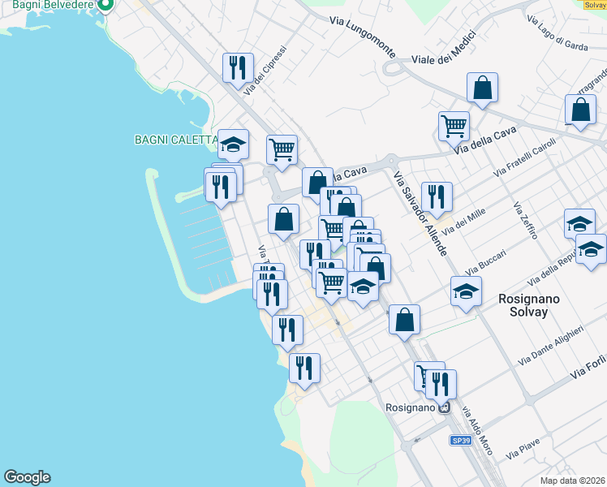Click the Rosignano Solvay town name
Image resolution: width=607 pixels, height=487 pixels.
(523, 305)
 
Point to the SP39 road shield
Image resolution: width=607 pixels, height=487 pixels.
(461, 440)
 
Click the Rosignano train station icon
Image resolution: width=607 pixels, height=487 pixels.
(444, 407)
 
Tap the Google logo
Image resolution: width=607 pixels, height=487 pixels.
(27, 477)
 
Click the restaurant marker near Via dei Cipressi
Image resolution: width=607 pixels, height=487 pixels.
(238, 67)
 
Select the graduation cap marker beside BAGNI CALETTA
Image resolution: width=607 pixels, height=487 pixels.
(234, 144)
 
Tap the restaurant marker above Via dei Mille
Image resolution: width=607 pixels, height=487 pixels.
(437, 196)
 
